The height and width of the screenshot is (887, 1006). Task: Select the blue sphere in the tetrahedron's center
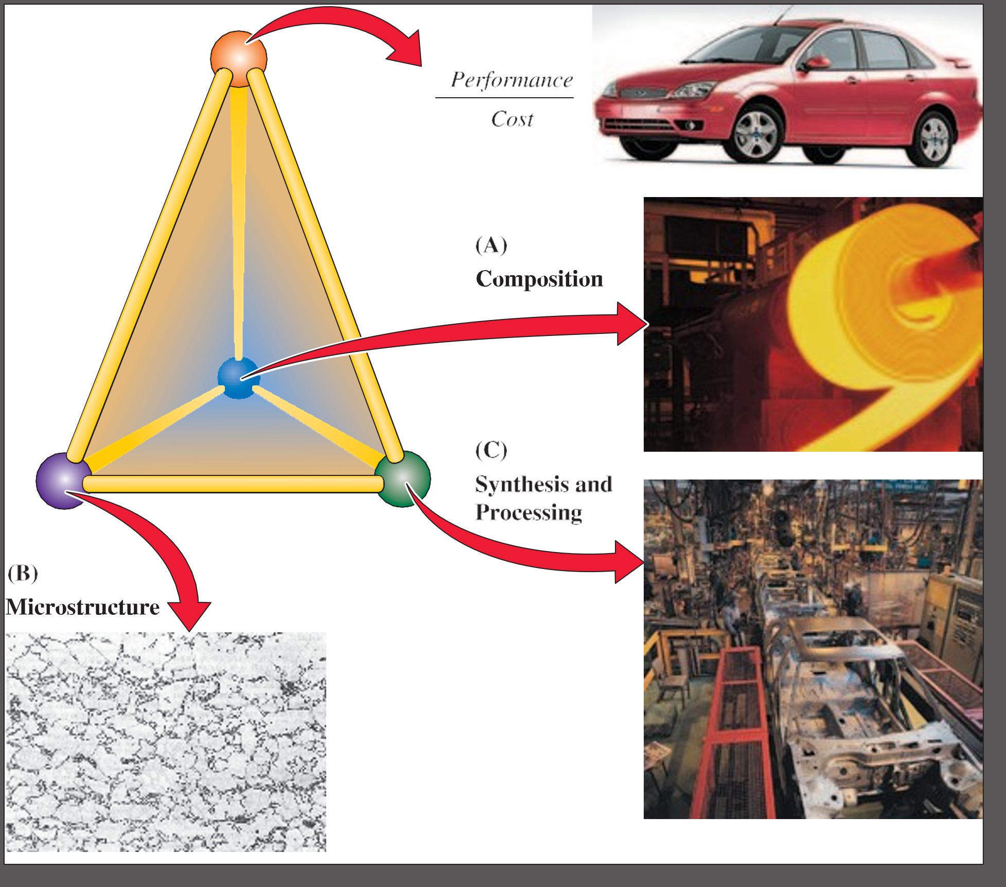(238, 378)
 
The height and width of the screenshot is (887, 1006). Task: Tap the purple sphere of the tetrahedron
(63, 481)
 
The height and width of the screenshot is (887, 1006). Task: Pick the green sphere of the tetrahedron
(403, 478)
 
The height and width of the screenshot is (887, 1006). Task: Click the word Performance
(511, 80)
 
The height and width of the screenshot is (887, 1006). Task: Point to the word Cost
(512, 119)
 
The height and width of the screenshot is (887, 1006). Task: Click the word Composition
(539, 279)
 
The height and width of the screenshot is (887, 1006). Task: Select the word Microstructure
(83, 607)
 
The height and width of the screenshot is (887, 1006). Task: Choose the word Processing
(529, 512)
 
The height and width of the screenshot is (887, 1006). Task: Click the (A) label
(491, 245)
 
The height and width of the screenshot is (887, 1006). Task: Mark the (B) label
(23, 573)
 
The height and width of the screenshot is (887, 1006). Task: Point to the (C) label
(491, 450)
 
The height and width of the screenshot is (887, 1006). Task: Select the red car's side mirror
(816, 64)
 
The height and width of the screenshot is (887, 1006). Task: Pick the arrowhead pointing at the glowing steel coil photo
(632, 324)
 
